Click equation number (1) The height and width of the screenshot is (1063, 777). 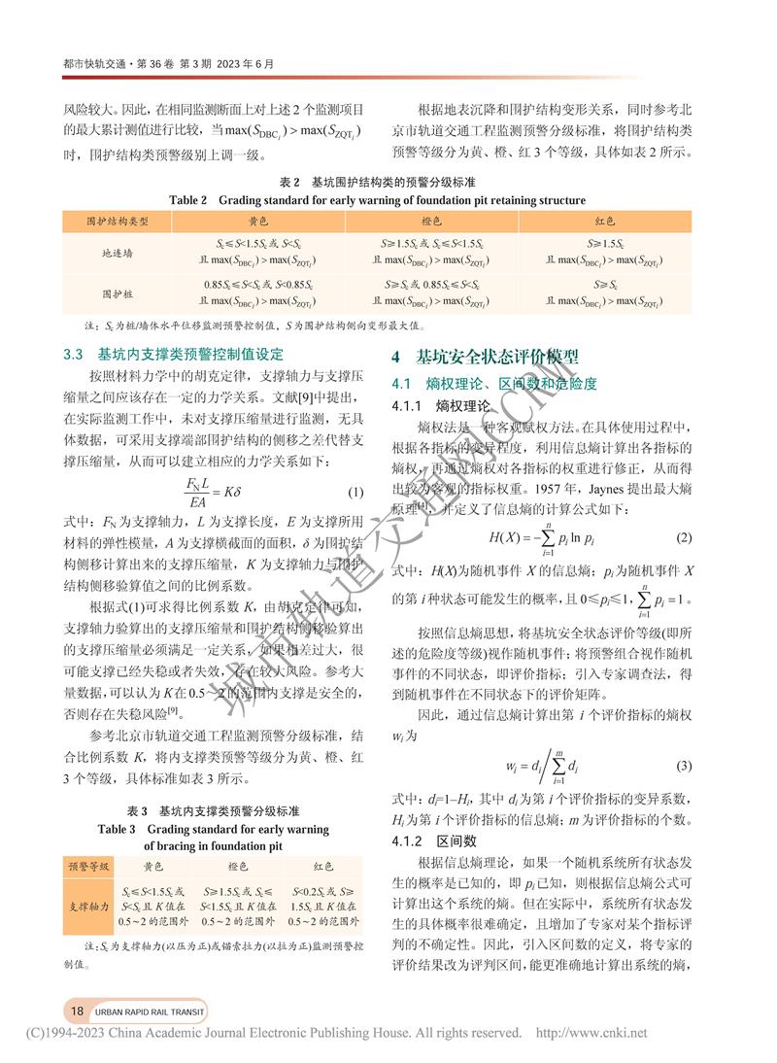click(x=355, y=491)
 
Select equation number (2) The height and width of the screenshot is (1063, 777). click(x=684, y=537)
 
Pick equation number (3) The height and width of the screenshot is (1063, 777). click(x=684, y=766)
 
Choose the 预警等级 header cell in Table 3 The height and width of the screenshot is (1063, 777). click(x=89, y=866)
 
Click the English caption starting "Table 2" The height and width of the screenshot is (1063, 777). click(x=377, y=200)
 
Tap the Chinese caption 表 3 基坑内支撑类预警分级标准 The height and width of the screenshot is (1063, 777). click(x=213, y=810)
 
